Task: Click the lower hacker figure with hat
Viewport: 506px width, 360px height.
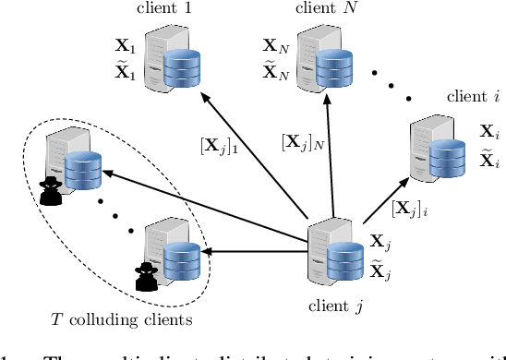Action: (143, 274)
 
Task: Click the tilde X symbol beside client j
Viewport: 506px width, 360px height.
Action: (379, 270)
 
